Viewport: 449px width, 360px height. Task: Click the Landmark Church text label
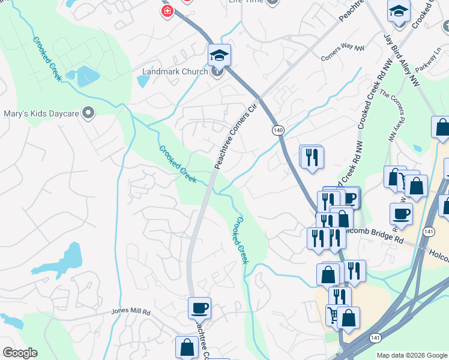pyautogui.click(x=175, y=71)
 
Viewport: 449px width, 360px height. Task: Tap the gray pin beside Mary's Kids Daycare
pyautogui.click(x=89, y=113)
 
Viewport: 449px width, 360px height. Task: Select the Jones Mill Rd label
pyautogui.click(x=130, y=311)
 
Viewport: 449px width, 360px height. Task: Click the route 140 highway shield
pyautogui.click(x=278, y=130)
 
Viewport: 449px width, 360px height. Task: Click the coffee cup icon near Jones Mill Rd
pyautogui.click(x=199, y=308)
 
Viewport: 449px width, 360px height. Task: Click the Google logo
pyautogui.click(x=20, y=353)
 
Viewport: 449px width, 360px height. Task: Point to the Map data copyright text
pyautogui.click(x=412, y=355)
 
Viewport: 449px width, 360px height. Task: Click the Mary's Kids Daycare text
pyautogui.click(x=41, y=113)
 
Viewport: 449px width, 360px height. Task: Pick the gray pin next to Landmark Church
pyautogui.click(x=217, y=71)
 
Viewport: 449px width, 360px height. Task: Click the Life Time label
pyautogui.click(x=246, y=2)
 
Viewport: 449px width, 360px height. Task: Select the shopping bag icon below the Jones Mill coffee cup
pyautogui.click(x=187, y=347)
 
